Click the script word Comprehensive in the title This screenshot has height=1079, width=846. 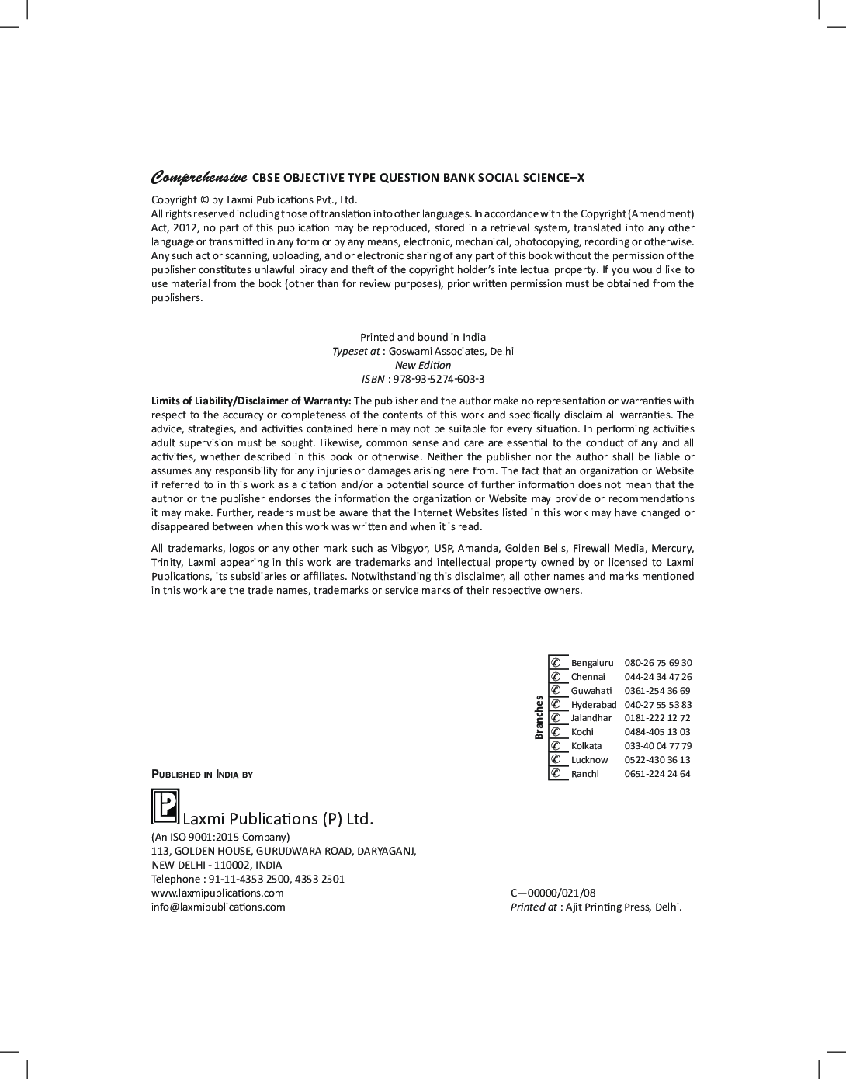tap(199, 178)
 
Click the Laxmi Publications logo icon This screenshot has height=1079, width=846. tap(165, 807)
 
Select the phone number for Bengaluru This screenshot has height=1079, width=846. tap(658, 663)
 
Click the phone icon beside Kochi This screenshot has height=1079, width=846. tap(556, 732)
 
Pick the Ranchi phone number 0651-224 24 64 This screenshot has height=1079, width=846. tap(657, 774)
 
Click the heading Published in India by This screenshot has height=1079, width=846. tap(202, 775)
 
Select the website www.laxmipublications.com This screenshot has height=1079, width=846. tap(217, 893)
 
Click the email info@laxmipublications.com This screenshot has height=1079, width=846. tap(218, 907)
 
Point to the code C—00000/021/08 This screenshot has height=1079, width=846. tap(553, 893)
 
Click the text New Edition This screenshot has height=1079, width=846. tap(423, 366)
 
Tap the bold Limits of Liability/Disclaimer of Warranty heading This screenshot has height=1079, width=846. tap(251, 401)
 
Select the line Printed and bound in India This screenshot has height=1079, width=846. tap(423, 338)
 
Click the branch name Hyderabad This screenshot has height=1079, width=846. tap(594, 705)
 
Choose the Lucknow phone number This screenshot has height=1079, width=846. tap(657, 760)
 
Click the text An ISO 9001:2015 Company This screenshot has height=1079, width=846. tap(220, 838)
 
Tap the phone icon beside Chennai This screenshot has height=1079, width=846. tap(556, 677)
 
